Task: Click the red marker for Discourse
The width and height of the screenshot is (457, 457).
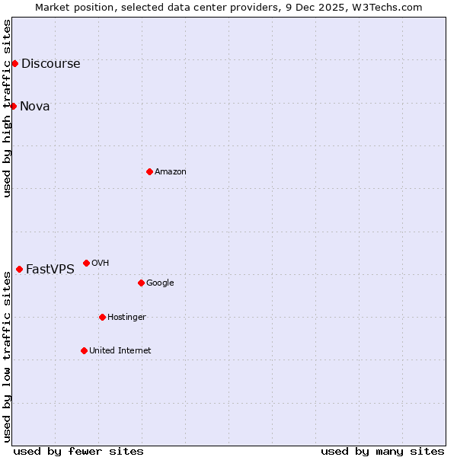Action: pyautogui.click(x=14, y=63)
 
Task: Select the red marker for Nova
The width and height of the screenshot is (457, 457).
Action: pyautogui.click(x=13, y=106)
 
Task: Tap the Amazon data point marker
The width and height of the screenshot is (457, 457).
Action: pyautogui.click(x=149, y=171)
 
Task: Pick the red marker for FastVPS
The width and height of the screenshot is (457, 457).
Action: pyautogui.click(x=19, y=269)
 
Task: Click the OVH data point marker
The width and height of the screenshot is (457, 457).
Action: pyautogui.click(x=86, y=263)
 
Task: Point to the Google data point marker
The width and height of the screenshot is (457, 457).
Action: pyautogui.click(x=141, y=283)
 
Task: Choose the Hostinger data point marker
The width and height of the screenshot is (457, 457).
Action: pyautogui.click(x=102, y=317)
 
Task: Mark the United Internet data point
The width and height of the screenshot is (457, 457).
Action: pyautogui.click(x=84, y=350)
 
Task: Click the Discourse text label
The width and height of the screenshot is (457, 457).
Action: pyautogui.click(x=50, y=63)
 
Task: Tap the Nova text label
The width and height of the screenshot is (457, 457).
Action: pyautogui.click(x=34, y=106)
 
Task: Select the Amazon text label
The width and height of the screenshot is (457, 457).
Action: pyautogui.click(x=170, y=171)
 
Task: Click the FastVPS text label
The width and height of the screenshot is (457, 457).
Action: pyautogui.click(x=50, y=269)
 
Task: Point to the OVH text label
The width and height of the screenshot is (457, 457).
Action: pyautogui.click(x=100, y=263)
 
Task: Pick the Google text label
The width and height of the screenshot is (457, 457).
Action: pyautogui.click(x=160, y=283)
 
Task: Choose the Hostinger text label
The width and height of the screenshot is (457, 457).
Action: pyautogui.click(x=126, y=317)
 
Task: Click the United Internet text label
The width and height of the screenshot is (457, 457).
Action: pyautogui.click(x=120, y=350)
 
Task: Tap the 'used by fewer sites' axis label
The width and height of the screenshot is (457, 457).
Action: pyautogui.click(x=78, y=451)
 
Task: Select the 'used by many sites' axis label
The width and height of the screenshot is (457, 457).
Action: pyautogui.click(x=382, y=451)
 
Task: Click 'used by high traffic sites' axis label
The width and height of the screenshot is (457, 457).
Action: pyautogui.click(x=7, y=108)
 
